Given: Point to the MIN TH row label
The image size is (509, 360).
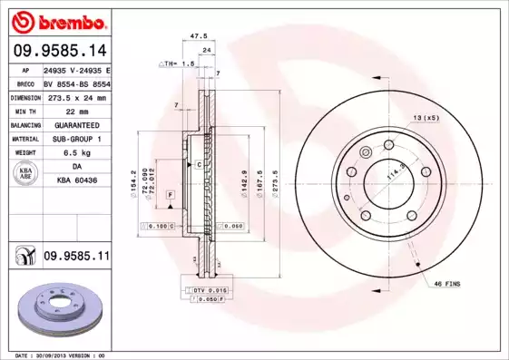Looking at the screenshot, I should (23, 110).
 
